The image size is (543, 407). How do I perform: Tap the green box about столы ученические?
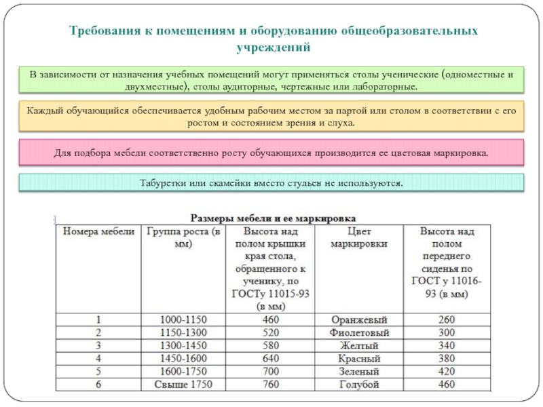[x=271, y=80]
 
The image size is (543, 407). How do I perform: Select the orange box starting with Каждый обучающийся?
[x=271, y=117]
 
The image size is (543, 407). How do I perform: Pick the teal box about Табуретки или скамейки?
[x=271, y=182]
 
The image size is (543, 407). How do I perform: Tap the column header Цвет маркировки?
[x=359, y=238]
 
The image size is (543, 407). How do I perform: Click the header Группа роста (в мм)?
[x=183, y=238]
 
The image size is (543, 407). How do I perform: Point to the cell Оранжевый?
[x=359, y=319]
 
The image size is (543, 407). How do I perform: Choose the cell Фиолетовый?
[x=359, y=333]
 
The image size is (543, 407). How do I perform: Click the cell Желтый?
[x=359, y=346]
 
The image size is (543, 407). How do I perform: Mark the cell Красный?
[x=359, y=359]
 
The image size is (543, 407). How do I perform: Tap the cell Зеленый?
[x=359, y=372]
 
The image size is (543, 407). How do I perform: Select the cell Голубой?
[x=359, y=385]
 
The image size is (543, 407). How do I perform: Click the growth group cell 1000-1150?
[x=183, y=319]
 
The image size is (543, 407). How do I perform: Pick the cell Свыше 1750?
[x=183, y=385]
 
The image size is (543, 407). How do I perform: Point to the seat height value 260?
[x=446, y=319]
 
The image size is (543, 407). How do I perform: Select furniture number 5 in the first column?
[x=99, y=372]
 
